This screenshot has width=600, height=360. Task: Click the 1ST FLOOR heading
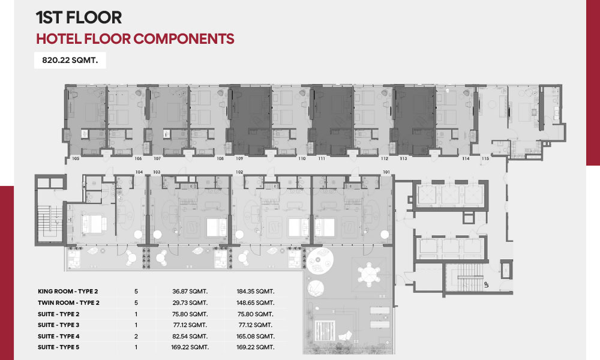pyautogui.click(x=79, y=17)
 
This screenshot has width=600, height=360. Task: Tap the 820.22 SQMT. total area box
pyautogui.click(x=70, y=60)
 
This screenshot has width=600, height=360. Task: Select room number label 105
pyautogui.click(x=76, y=158)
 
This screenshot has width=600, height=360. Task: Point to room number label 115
pyautogui.click(x=485, y=158)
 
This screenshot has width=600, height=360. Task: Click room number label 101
pyautogui.click(x=386, y=172)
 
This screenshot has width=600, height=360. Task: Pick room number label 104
pyautogui.click(x=139, y=172)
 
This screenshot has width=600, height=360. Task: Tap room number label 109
pyautogui.click(x=239, y=158)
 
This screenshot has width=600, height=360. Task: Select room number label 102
pyautogui.click(x=239, y=172)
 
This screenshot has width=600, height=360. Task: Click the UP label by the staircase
pyautogui.click(x=487, y=284)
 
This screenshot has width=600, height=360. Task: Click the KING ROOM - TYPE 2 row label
pyautogui.click(x=68, y=292)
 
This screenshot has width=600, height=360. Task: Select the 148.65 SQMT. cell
pyautogui.click(x=255, y=302)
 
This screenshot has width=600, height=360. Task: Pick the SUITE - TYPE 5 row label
pyautogui.click(x=59, y=347)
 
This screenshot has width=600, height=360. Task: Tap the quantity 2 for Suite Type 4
pyautogui.click(x=136, y=337)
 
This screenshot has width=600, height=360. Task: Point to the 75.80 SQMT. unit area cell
pyautogui.click(x=190, y=314)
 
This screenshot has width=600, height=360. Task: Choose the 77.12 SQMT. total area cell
pyautogui.click(x=255, y=325)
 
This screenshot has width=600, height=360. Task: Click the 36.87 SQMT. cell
pyautogui.click(x=190, y=292)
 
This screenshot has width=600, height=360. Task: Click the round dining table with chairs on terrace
pyautogui.click(x=369, y=275)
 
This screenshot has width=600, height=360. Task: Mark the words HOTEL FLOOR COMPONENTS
pyautogui.click(x=135, y=39)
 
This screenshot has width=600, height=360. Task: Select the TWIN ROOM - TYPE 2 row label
pyautogui.click(x=68, y=302)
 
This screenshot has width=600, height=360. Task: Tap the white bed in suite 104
pyautogui.click(x=94, y=223)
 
